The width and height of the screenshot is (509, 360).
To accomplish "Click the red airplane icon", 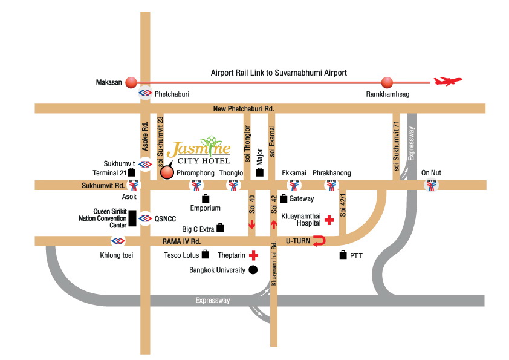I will point(448,81).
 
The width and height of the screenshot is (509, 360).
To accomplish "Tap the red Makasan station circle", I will point(131,83).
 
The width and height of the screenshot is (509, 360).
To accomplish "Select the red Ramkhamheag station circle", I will point(386,83).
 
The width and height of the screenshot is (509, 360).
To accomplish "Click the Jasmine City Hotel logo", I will point(198,151).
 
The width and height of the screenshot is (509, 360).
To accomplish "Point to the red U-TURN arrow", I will point(319,241).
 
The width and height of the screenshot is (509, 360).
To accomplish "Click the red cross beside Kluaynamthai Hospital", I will point(329,220).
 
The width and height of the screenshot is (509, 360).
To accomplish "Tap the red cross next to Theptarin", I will point(253,255).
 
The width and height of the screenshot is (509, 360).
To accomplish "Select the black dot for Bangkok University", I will point(253,270).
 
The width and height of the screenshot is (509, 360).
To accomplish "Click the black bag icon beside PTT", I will point(343,255).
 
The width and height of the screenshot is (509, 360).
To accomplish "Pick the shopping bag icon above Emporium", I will point(206,198).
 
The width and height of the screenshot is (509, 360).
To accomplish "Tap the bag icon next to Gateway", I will point(283,198).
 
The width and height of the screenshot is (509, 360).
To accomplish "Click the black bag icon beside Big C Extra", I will point(220,228).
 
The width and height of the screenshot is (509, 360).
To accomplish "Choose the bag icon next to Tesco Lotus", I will point(206,255).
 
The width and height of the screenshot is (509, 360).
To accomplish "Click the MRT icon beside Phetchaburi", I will point(145,94).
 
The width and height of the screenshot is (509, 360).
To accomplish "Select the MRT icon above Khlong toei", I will point(118,241).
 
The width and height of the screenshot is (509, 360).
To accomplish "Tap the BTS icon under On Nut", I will point(430,186).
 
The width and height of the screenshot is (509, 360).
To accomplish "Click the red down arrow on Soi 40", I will point(251,225).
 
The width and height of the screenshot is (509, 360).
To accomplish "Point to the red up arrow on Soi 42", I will point(273,225).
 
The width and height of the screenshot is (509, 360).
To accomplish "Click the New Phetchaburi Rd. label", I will point(244,109).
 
